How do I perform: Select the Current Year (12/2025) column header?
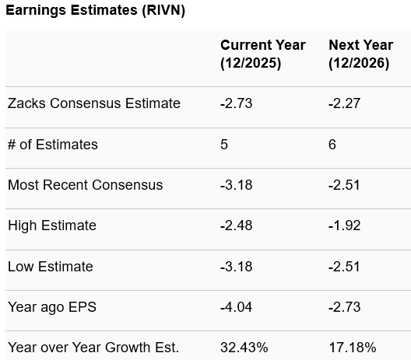[x=262, y=54]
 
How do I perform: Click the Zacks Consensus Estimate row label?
[x=94, y=103]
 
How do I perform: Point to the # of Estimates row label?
[x=53, y=145]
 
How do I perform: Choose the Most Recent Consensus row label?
[x=86, y=185]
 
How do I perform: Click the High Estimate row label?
[x=52, y=225]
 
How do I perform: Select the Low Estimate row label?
[x=51, y=267]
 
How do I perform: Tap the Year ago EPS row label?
[x=52, y=307]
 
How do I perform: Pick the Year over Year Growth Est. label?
[x=93, y=347]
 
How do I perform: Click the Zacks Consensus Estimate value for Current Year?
[x=236, y=103]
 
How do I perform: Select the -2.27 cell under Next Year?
[x=344, y=103]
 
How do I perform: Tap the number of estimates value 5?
[x=224, y=145]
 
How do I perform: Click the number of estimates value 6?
[x=332, y=145]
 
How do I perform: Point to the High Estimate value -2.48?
[x=236, y=225]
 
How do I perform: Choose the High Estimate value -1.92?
[x=344, y=225]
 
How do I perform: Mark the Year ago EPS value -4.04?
[x=236, y=307]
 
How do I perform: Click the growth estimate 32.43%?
[x=244, y=347]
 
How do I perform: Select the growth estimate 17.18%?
[x=352, y=347]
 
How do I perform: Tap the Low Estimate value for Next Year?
[x=344, y=267]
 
